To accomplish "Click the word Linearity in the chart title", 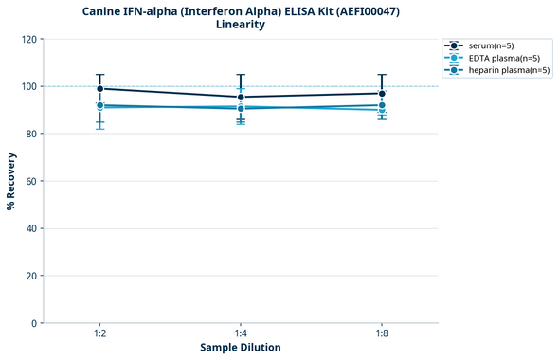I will click(241, 25).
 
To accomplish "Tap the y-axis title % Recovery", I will click(11, 181).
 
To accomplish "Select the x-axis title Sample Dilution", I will click(241, 348).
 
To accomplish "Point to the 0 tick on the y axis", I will click(34, 323).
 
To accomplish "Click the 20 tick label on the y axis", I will click(31, 276).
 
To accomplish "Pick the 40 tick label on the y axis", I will click(31, 228).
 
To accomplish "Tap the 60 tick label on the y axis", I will click(31, 181).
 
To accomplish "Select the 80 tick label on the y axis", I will click(31, 134).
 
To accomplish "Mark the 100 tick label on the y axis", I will click(28, 86).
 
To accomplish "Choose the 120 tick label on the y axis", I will click(28, 39).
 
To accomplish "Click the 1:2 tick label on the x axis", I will click(99, 334).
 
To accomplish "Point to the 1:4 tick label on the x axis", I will click(241, 334).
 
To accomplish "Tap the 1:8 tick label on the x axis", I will click(381, 334).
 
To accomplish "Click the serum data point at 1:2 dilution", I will click(99, 88).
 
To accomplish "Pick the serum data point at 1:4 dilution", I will click(241, 97).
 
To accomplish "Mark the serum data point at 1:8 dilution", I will click(381, 93).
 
